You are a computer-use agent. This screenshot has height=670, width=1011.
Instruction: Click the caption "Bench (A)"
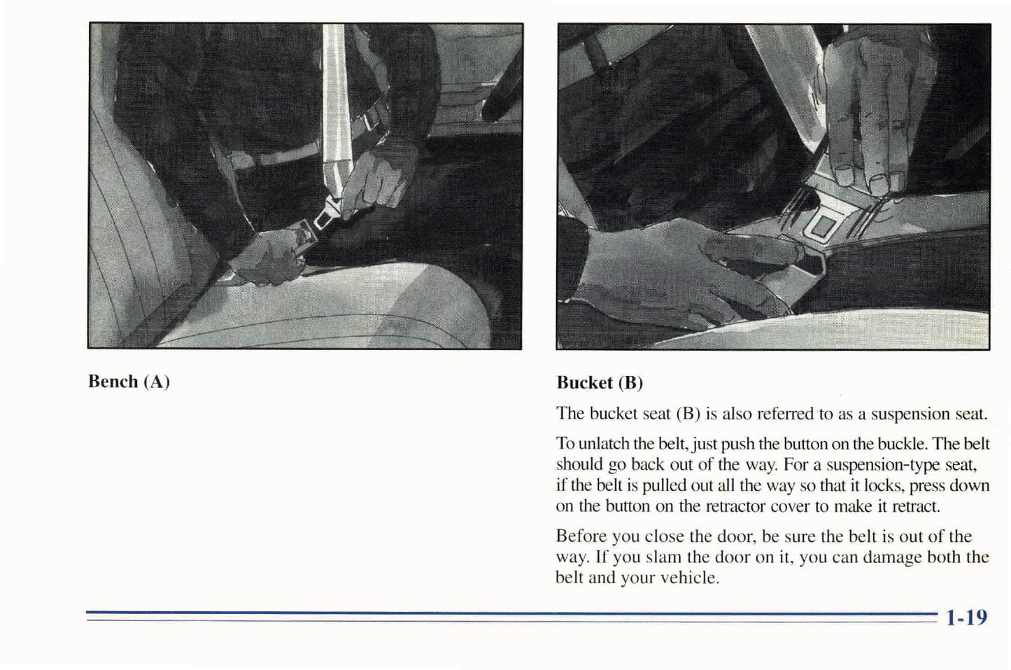point(129,382)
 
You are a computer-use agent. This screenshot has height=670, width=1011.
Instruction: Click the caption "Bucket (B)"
point(600,383)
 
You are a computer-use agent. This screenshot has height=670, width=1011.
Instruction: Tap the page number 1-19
point(966,617)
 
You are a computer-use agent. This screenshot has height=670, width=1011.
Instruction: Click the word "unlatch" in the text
point(605,444)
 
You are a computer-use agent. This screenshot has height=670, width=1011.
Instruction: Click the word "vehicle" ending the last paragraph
point(688,578)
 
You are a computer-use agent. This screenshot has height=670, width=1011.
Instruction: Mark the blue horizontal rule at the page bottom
point(511,615)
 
